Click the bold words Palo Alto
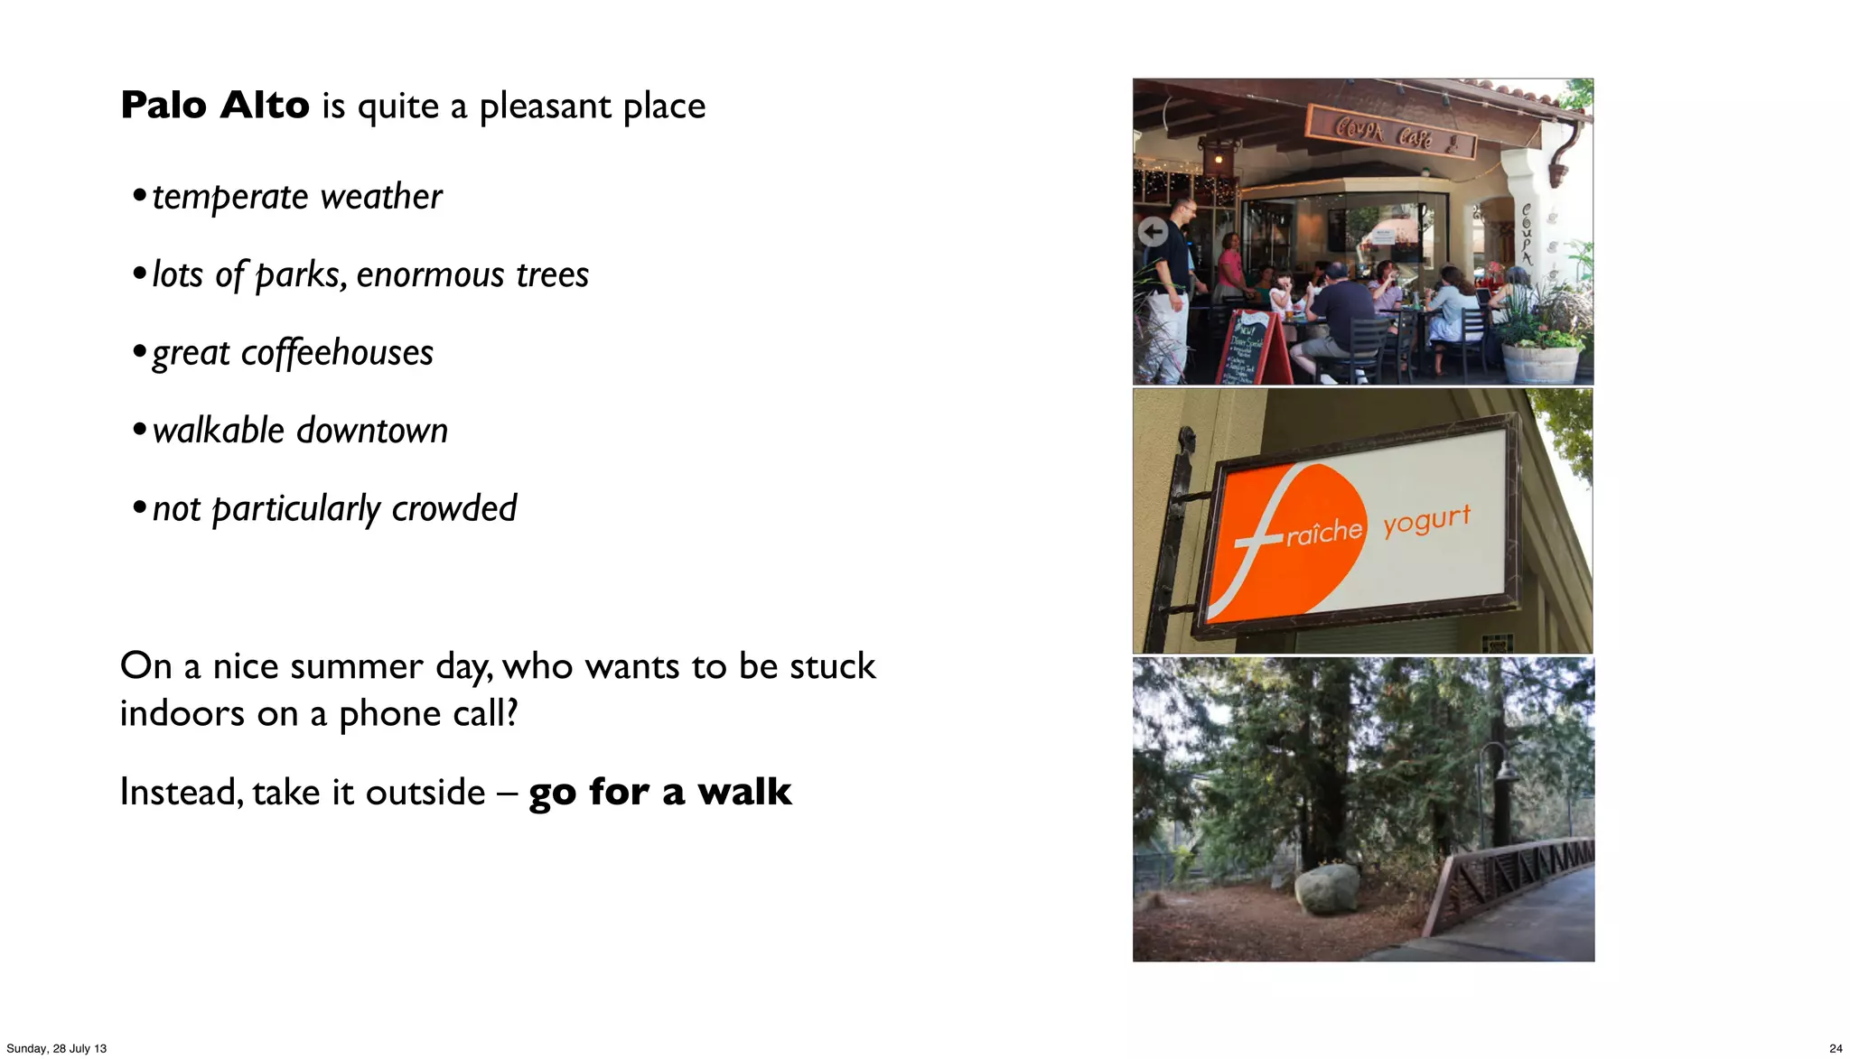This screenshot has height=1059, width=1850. (x=215, y=106)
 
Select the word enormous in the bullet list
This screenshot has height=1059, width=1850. (x=428, y=274)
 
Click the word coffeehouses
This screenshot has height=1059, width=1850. (x=337, y=353)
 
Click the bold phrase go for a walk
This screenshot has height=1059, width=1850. (x=659, y=793)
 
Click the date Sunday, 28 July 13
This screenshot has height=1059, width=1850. (x=56, y=1048)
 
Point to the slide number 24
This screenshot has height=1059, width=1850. (x=1836, y=1048)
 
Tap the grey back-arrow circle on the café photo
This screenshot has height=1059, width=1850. (x=1153, y=232)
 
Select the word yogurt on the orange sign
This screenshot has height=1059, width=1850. (x=1426, y=520)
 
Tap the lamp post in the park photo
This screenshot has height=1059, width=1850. (x=1500, y=794)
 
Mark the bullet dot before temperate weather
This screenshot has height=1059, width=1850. (x=139, y=195)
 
